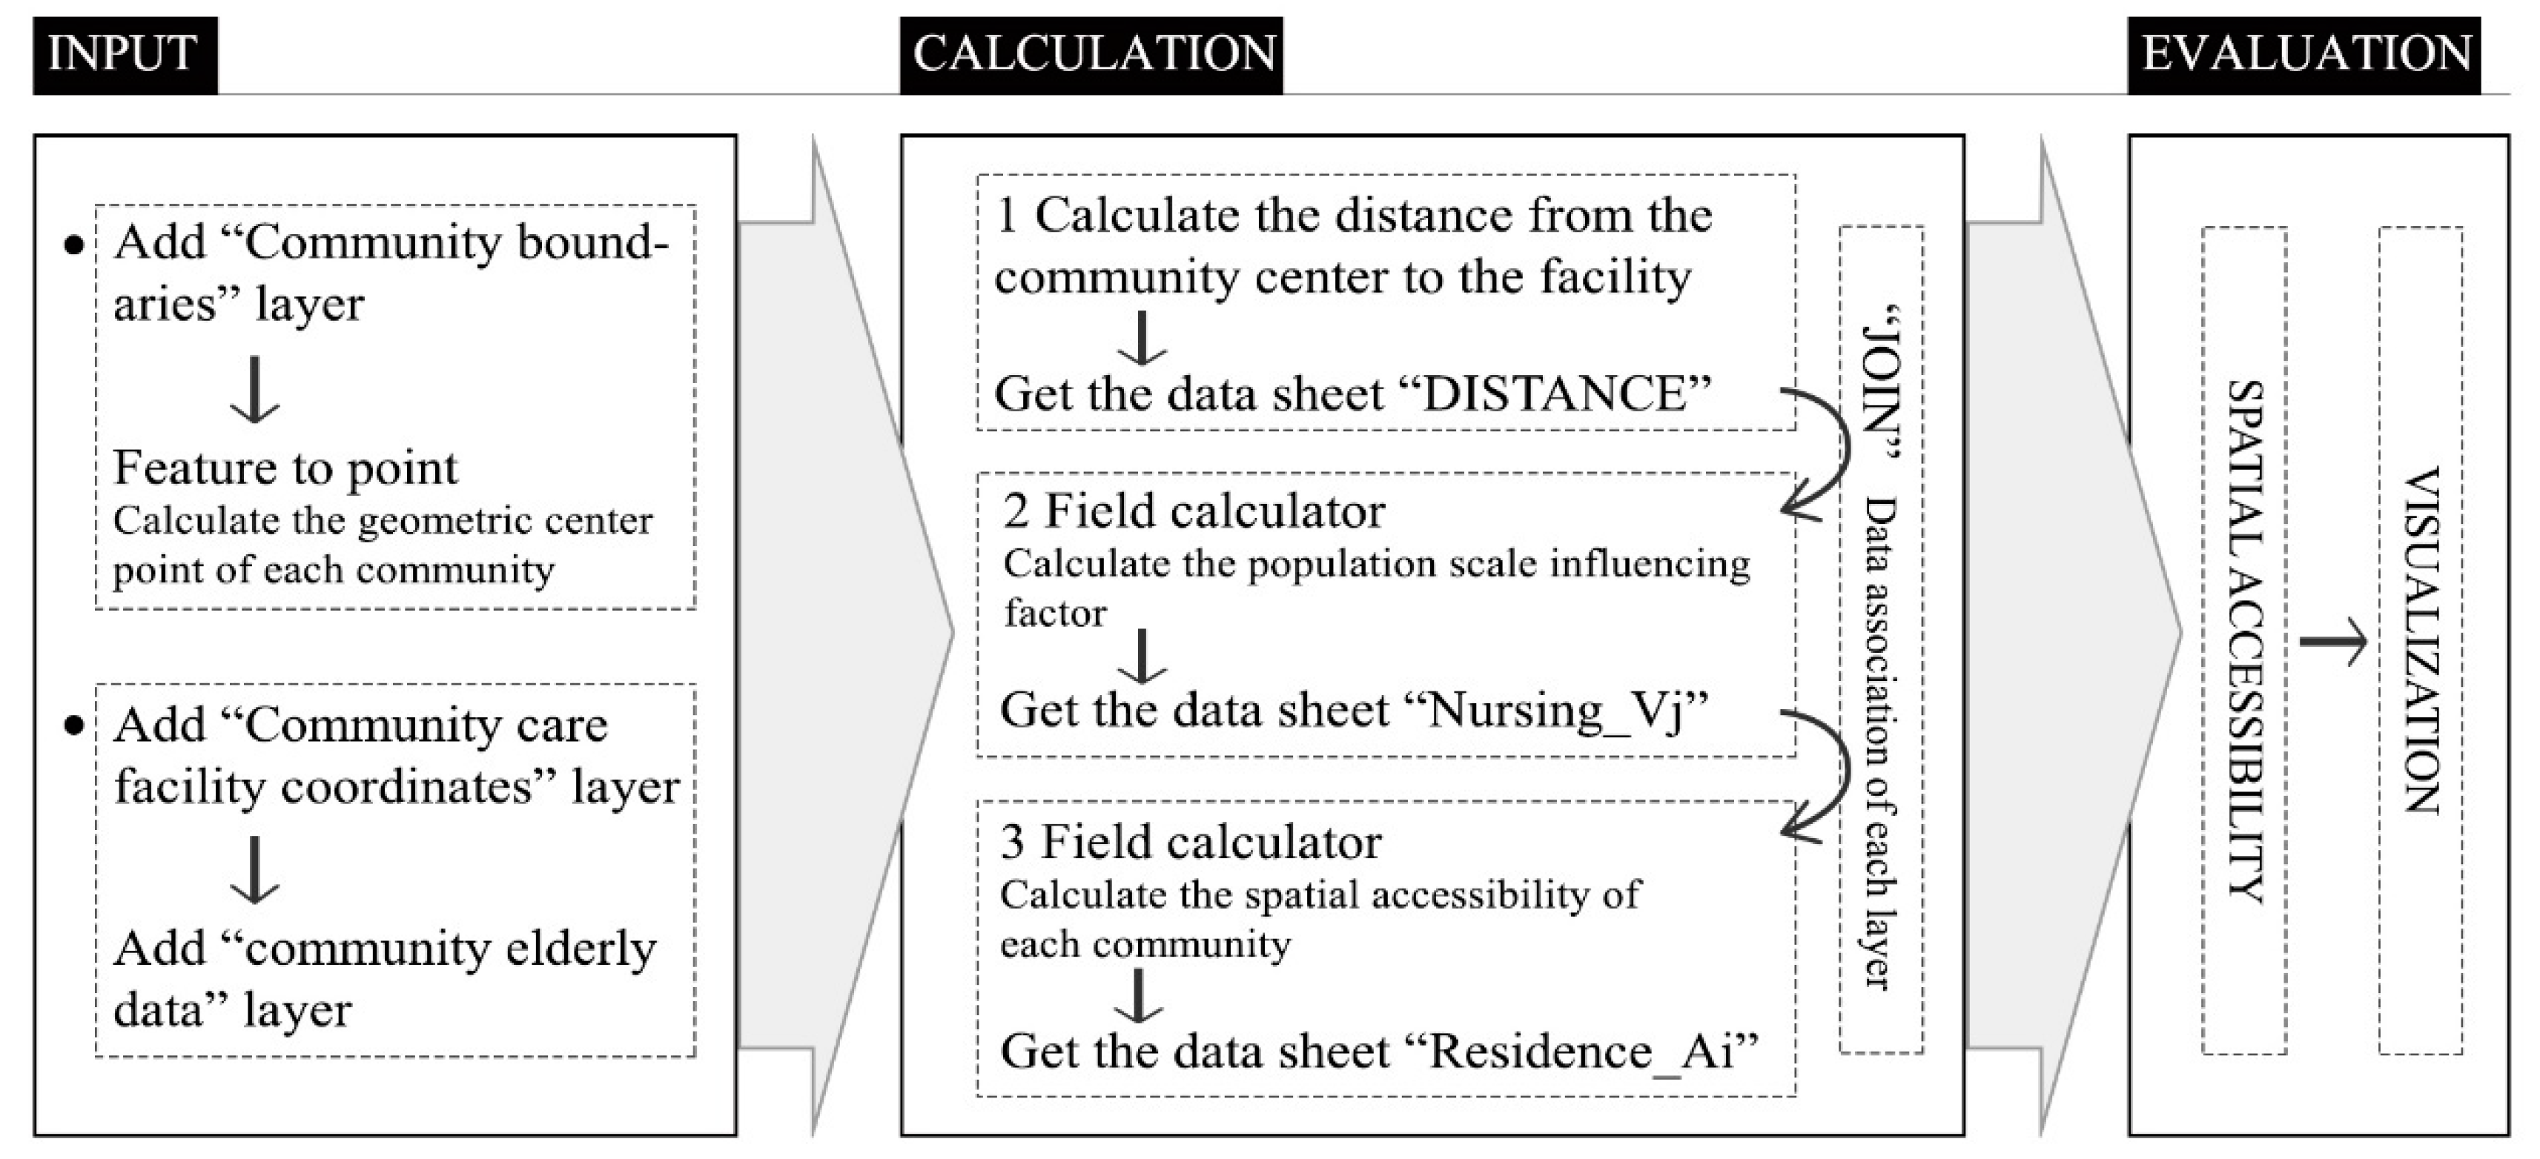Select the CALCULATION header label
click(x=1093, y=54)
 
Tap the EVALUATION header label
click(x=2305, y=54)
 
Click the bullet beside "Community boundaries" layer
click(x=74, y=245)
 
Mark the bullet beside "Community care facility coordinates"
click(x=74, y=727)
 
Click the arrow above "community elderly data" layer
click(x=255, y=870)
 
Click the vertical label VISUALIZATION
click(x=2421, y=640)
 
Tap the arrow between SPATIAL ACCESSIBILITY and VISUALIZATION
click(x=2333, y=642)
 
